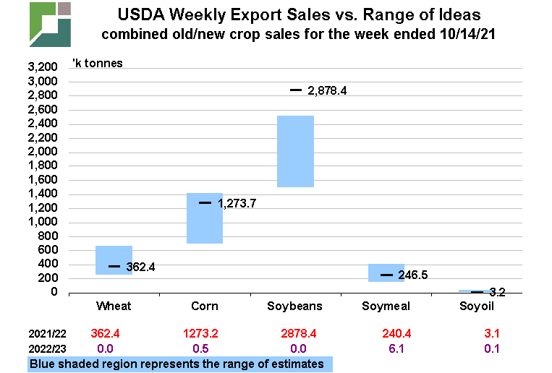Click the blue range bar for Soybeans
pos(295,151)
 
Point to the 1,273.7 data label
pos(237,203)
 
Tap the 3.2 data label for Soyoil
pos(498,292)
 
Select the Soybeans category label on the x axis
pos(295,306)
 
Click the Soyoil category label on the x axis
pos(477,306)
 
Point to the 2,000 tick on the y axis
pos(41,152)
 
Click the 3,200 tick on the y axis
pos(41,68)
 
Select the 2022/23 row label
pos(47,348)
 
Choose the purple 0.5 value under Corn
pos(205,348)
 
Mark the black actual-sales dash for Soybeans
pos(296,90)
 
